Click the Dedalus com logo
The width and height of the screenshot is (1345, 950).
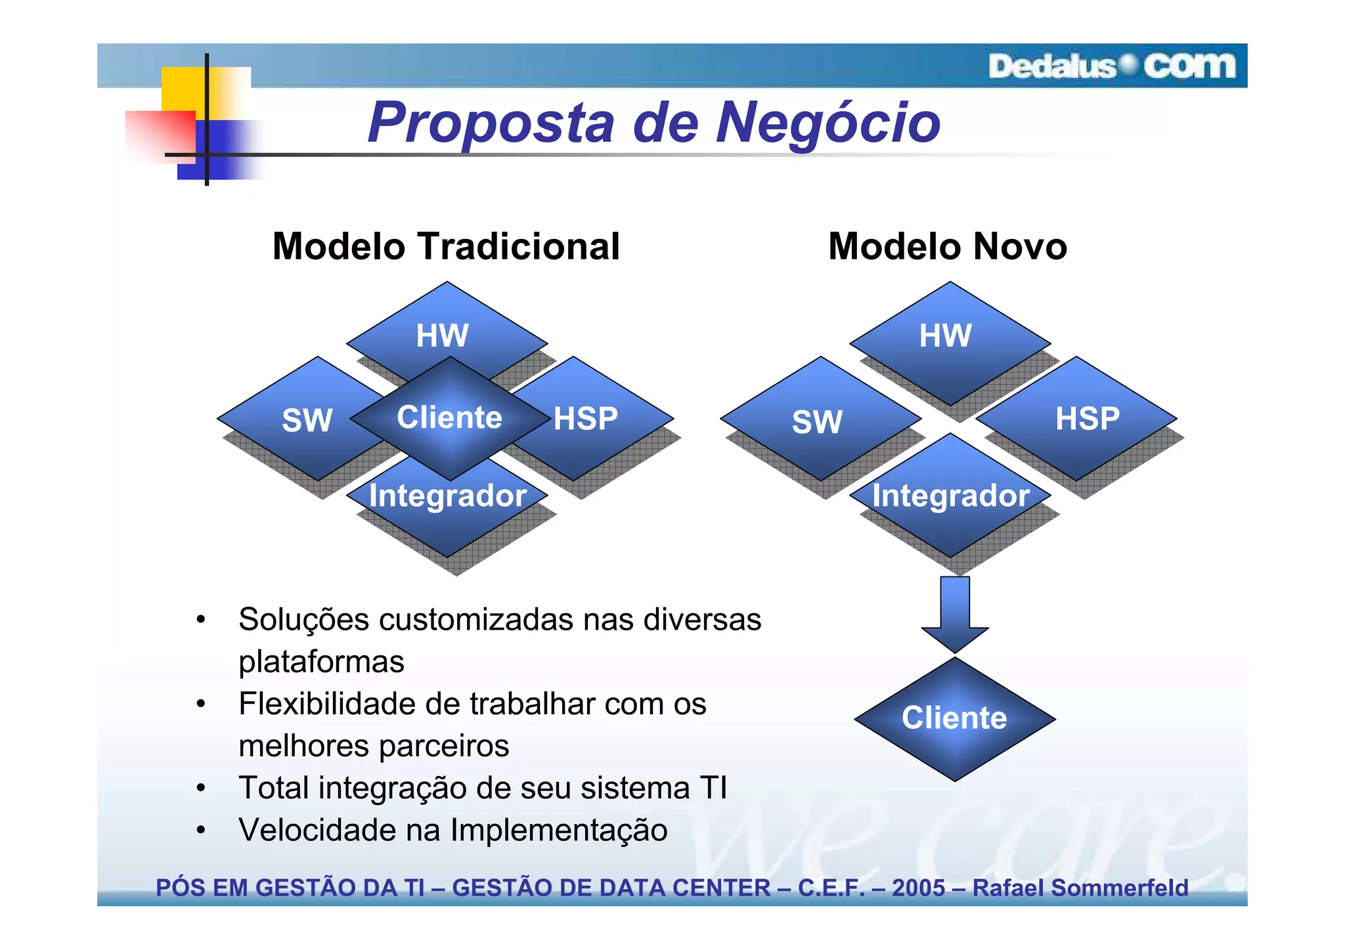1111,66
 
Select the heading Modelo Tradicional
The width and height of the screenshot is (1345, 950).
446,247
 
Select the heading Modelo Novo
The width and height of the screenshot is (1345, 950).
947,247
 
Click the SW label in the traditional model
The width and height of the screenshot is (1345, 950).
307,420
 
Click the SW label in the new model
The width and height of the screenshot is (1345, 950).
816,421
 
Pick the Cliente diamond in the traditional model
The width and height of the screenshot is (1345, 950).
450,418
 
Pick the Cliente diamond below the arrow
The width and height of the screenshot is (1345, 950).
954,718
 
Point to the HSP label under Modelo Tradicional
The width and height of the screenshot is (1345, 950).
585,419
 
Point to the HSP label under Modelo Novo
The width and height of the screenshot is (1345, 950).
1088,419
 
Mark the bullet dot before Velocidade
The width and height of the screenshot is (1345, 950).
201,831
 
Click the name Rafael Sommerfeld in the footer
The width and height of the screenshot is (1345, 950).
1080,888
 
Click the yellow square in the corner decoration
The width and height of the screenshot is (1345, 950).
184,89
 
